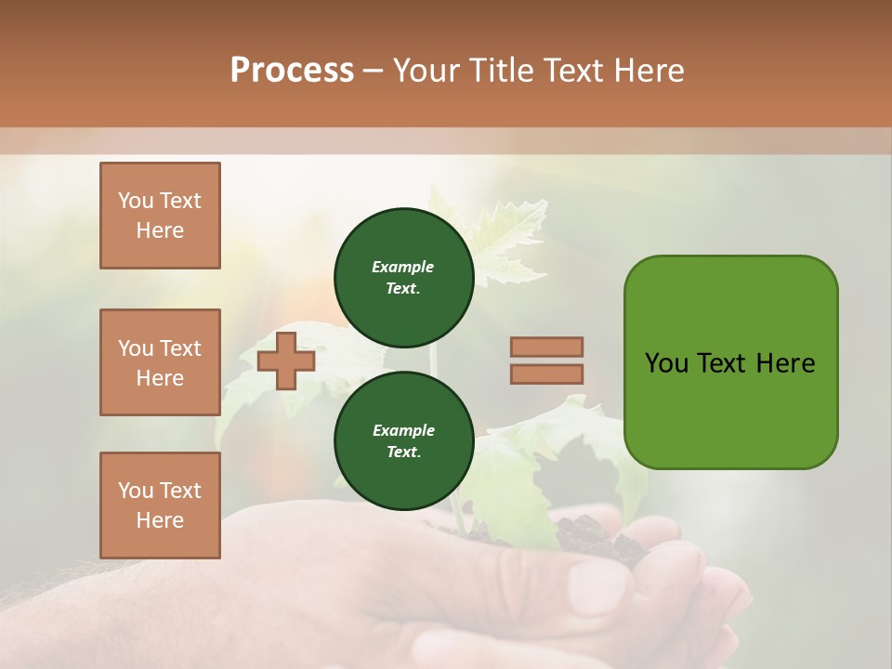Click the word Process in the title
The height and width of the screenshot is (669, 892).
point(292,71)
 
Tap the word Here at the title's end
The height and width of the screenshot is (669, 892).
point(650,71)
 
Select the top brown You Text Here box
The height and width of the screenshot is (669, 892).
point(160,216)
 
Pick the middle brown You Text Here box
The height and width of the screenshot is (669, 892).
point(160,362)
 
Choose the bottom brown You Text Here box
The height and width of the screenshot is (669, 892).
point(160,505)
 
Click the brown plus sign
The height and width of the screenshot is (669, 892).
point(285,361)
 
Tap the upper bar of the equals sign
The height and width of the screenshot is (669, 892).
point(546,347)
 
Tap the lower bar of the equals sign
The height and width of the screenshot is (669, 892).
point(546,374)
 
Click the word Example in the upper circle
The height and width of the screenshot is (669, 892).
point(403,267)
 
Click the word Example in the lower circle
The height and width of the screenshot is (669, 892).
point(403,430)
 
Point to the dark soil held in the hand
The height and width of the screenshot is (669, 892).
point(595,539)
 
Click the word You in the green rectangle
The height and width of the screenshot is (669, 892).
point(667,363)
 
